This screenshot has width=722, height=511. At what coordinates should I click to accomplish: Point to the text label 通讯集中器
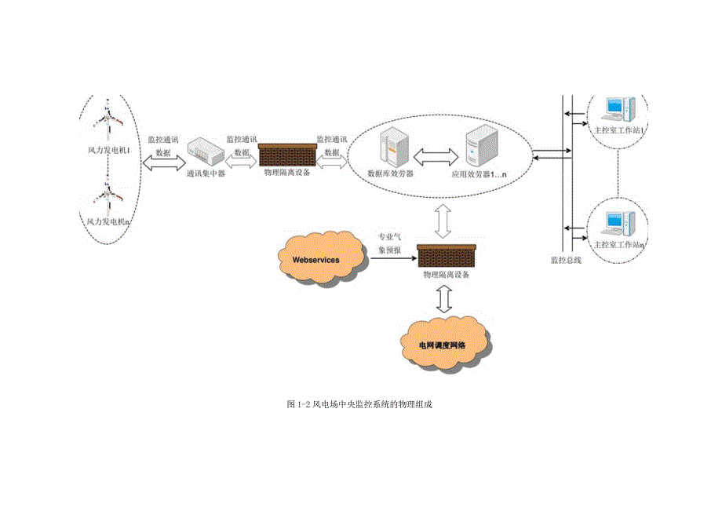[x=206, y=173]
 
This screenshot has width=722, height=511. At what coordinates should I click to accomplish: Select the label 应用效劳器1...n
[x=480, y=174]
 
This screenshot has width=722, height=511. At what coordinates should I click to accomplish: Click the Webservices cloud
[x=320, y=257]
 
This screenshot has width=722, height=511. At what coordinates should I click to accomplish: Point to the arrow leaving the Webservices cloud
[x=392, y=258]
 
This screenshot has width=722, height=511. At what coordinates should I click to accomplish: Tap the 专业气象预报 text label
[x=390, y=243]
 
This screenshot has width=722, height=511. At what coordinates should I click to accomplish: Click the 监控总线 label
[x=565, y=260]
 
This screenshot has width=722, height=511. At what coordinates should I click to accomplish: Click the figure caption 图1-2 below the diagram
[x=360, y=404]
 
